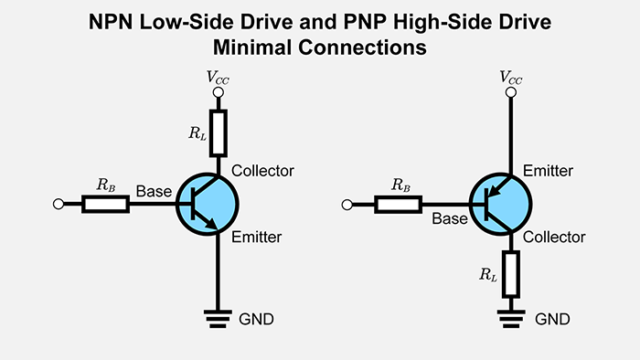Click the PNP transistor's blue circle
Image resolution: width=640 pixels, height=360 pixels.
[500, 203]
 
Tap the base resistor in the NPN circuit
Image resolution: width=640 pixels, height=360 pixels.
[105, 204]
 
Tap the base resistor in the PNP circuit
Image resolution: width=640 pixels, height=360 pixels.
[400, 204]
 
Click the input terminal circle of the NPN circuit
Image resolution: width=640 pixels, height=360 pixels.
[59, 204]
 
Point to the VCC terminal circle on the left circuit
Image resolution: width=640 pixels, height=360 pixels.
[218, 91]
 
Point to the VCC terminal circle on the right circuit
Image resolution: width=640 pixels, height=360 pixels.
[511, 91]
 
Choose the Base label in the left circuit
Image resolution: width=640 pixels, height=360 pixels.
[154, 191]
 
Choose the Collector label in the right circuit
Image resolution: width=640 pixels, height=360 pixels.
[555, 237]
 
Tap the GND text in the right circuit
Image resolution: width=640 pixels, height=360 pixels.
[552, 319]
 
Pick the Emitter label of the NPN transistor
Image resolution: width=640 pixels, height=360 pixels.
[257, 237]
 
